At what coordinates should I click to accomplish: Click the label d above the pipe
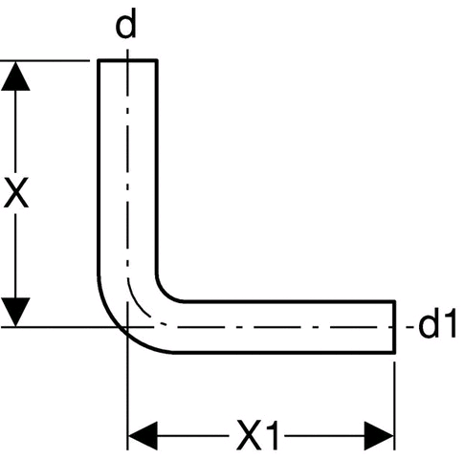point(126,24)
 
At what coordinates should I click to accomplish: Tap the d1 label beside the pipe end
point(437,325)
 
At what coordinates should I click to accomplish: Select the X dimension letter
point(16,192)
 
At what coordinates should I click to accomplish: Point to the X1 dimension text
point(257,435)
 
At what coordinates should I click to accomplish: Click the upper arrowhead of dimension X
point(15,76)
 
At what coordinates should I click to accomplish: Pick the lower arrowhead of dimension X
point(15,312)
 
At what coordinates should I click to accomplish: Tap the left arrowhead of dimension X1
point(143,435)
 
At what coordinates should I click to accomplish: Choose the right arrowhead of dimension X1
point(380,435)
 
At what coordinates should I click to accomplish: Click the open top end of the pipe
point(127,60)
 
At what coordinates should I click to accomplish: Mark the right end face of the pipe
point(394,327)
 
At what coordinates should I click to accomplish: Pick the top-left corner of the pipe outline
point(99,60)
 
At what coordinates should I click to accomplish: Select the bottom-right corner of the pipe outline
point(394,352)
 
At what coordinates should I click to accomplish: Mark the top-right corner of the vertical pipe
point(157,60)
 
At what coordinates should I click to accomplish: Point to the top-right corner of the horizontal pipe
point(394,301)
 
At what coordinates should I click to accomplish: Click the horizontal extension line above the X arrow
point(45,60)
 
